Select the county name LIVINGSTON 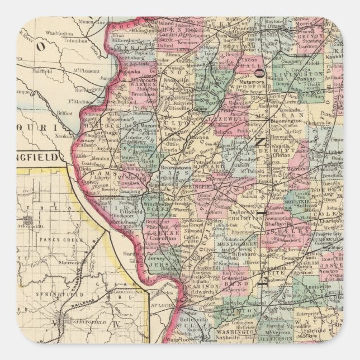(x=306, y=74)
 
